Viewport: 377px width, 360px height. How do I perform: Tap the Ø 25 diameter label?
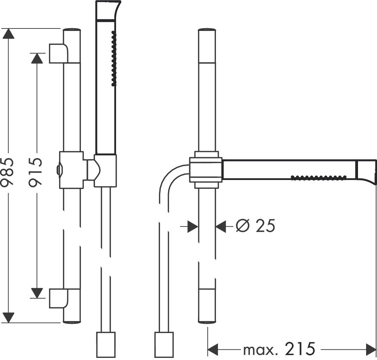(255, 226)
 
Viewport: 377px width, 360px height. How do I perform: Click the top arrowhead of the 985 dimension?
(8, 33)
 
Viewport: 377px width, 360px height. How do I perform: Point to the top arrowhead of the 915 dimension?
(37, 58)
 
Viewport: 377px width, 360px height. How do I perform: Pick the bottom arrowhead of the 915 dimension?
(37, 293)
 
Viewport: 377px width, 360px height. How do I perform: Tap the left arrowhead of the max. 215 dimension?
(213, 349)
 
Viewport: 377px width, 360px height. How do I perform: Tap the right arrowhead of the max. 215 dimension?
(371, 349)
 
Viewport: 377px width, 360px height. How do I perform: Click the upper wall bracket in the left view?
(59, 53)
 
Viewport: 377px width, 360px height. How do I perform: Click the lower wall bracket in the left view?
(59, 298)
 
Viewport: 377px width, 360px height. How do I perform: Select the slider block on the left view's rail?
(71, 170)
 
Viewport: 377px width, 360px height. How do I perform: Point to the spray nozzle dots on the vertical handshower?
(114, 58)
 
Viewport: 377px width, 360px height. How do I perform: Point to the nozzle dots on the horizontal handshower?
(319, 177)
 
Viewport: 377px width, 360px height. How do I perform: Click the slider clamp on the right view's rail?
(206, 170)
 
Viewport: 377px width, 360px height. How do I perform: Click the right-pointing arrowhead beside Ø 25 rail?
(192, 227)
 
